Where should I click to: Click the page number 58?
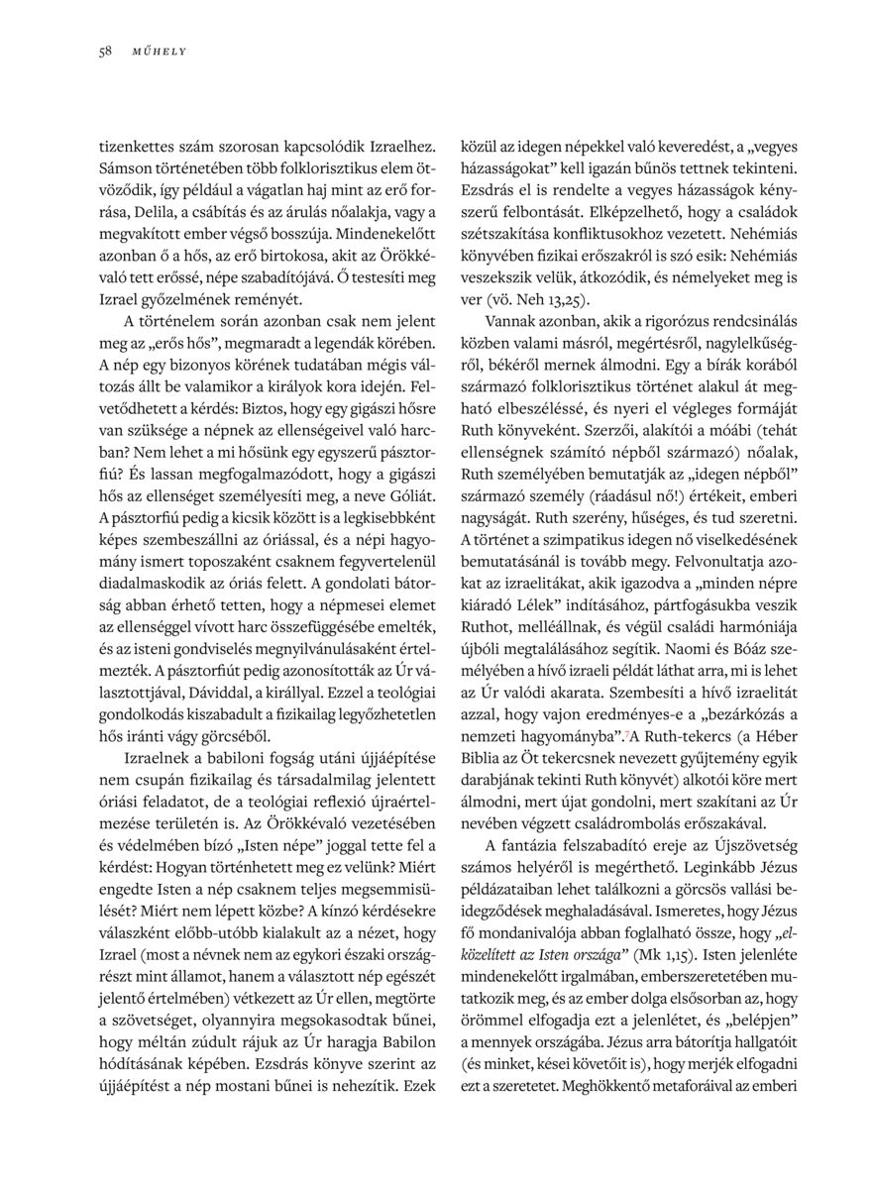pyautogui.click(x=104, y=51)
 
